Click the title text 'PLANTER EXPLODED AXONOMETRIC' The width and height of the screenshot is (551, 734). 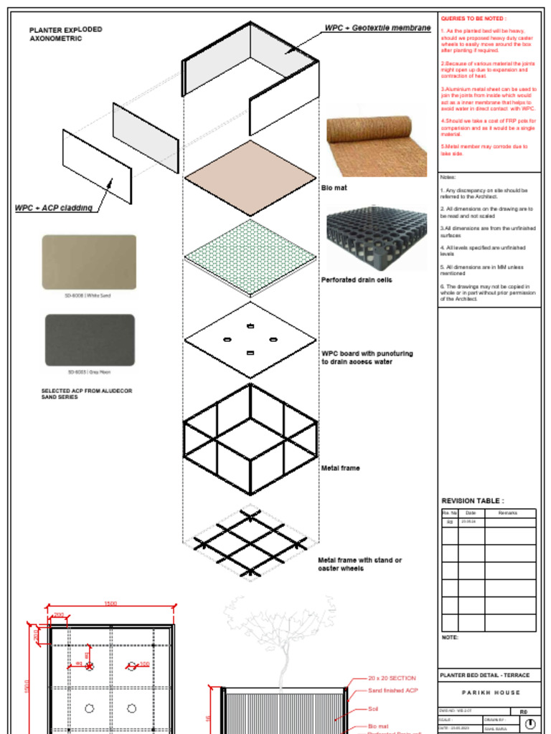[65, 34]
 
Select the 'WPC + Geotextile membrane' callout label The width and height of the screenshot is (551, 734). [377, 28]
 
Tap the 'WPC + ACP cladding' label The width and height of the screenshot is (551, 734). [54, 208]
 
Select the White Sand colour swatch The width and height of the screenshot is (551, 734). [89, 262]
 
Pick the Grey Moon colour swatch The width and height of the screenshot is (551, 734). [90, 340]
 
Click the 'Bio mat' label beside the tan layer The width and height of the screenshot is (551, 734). [333, 188]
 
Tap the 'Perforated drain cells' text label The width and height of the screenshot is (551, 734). [356, 280]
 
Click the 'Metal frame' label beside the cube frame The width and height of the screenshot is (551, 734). [340, 468]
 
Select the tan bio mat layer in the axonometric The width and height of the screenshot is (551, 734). [250, 178]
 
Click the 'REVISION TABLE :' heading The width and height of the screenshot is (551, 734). [472, 501]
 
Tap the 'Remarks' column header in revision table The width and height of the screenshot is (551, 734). [507, 513]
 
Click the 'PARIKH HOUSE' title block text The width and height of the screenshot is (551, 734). [491, 692]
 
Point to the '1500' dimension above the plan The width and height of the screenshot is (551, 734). [110, 604]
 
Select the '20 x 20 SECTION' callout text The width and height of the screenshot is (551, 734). [392, 678]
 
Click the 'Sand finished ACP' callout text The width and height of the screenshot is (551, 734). [392, 690]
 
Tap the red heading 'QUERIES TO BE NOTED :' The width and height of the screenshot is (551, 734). [474, 19]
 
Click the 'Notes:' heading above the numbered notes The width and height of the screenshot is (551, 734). [448, 177]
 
